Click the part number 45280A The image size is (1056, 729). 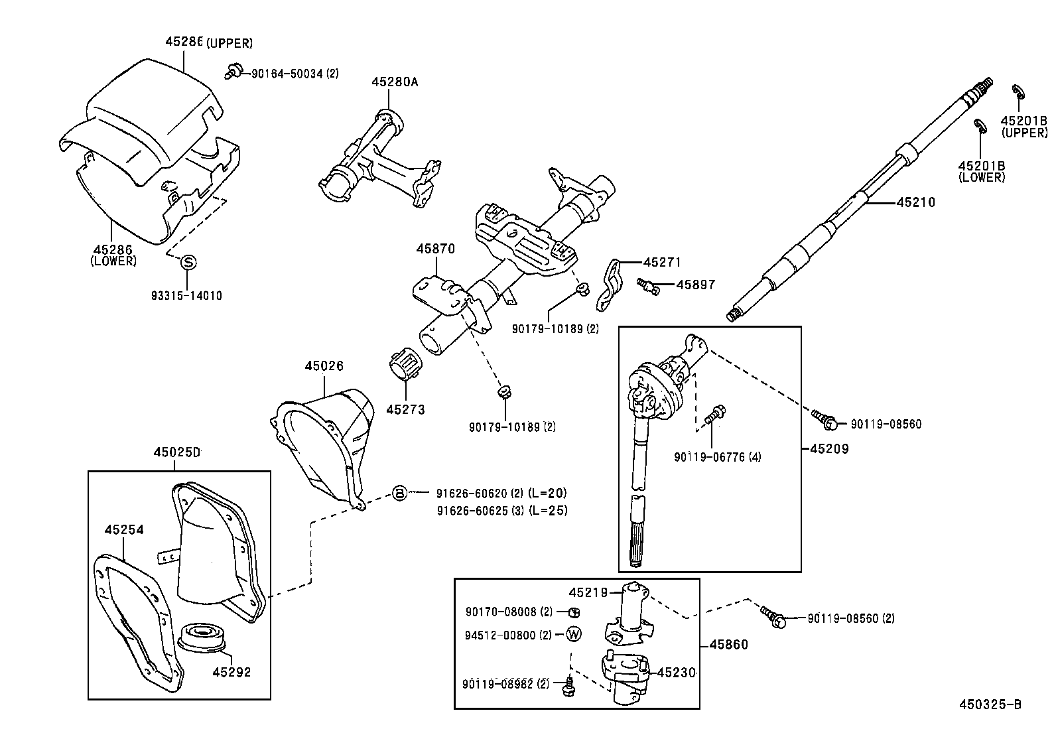coord(395,82)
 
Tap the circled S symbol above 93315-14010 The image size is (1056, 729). coord(188,262)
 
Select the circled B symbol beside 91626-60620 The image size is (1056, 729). coord(399,493)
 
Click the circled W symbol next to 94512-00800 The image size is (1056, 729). coord(574,635)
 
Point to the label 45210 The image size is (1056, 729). coord(915,202)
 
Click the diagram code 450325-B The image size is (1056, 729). coord(989,704)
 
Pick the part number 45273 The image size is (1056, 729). coord(405,409)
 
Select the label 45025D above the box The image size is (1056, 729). coord(177,452)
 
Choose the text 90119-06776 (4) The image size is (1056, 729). coord(708,456)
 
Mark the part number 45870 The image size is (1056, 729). coord(436,249)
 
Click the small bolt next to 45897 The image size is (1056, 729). coord(647,285)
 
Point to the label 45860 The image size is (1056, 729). coord(728,644)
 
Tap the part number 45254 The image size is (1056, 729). coord(124,529)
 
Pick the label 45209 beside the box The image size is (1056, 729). coord(829,448)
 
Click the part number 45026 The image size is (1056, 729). coord(324,365)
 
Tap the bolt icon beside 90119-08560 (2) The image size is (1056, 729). coord(773,617)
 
